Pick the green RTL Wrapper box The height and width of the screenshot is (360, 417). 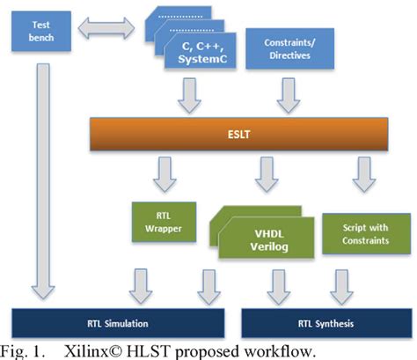point(157,224)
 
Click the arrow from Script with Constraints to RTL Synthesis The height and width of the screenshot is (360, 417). point(339,284)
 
